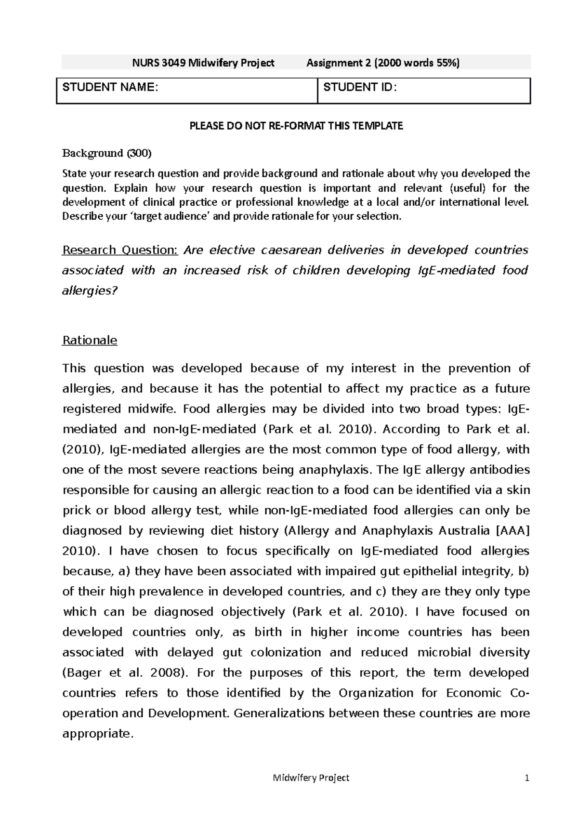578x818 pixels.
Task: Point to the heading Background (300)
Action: (x=107, y=153)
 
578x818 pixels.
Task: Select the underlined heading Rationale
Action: (x=90, y=341)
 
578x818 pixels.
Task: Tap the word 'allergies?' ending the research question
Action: (x=90, y=291)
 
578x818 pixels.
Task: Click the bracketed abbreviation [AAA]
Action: (x=512, y=530)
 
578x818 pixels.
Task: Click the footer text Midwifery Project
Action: (x=311, y=778)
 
